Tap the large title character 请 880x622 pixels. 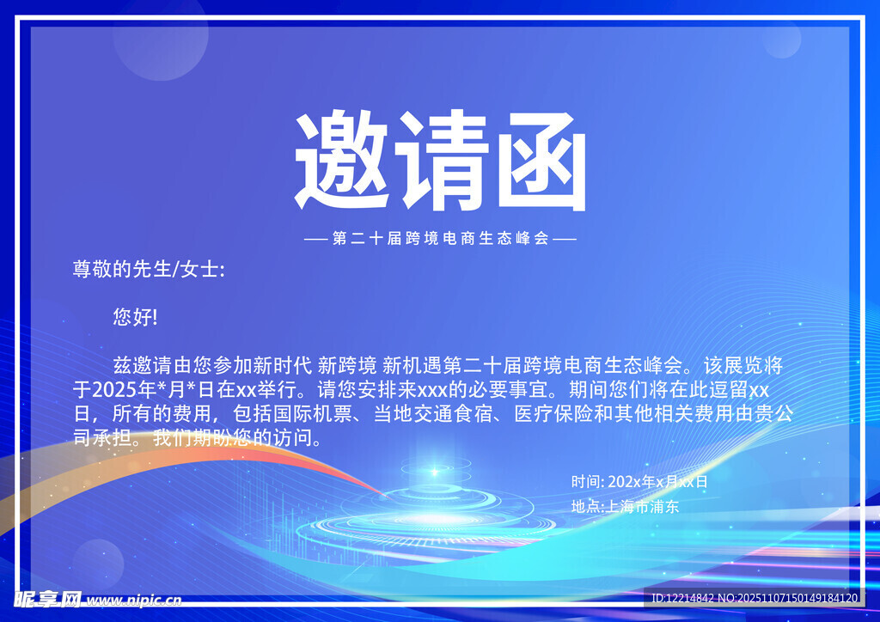(x=441, y=162)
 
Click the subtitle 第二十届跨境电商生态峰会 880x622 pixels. (x=441, y=238)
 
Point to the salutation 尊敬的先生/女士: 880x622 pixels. (x=149, y=269)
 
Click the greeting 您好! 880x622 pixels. (x=135, y=317)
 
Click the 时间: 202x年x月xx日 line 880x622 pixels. (x=639, y=481)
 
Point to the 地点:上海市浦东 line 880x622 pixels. (x=625, y=506)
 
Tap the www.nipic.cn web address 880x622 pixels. (x=134, y=600)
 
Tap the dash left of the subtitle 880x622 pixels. (x=316, y=239)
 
